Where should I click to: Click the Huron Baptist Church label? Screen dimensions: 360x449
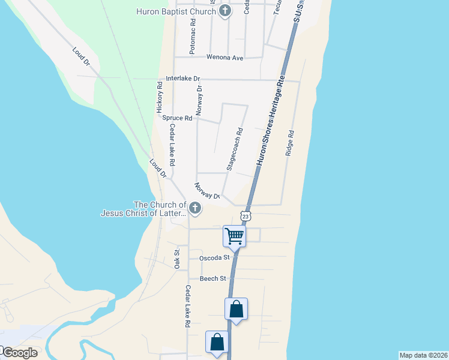click(x=176, y=11)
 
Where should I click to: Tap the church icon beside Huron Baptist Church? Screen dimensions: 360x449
click(x=224, y=11)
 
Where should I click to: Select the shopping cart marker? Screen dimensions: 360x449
click(x=234, y=235)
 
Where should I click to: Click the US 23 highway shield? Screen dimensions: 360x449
click(x=246, y=215)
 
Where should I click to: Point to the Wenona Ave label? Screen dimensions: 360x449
click(x=224, y=58)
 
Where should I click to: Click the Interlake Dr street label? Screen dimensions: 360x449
click(x=182, y=79)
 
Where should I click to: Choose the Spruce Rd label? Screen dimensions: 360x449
click(x=177, y=118)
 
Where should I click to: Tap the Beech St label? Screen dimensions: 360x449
click(x=213, y=279)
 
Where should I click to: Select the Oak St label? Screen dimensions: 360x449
click(x=177, y=259)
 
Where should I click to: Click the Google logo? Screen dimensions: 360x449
click(x=19, y=353)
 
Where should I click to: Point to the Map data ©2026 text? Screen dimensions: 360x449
click(x=423, y=355)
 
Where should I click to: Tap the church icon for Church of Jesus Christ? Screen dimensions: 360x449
click(x=194, y=208)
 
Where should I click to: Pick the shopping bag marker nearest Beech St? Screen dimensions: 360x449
click(x=237, y=310)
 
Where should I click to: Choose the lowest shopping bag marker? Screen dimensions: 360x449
click(x=217, y=343)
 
